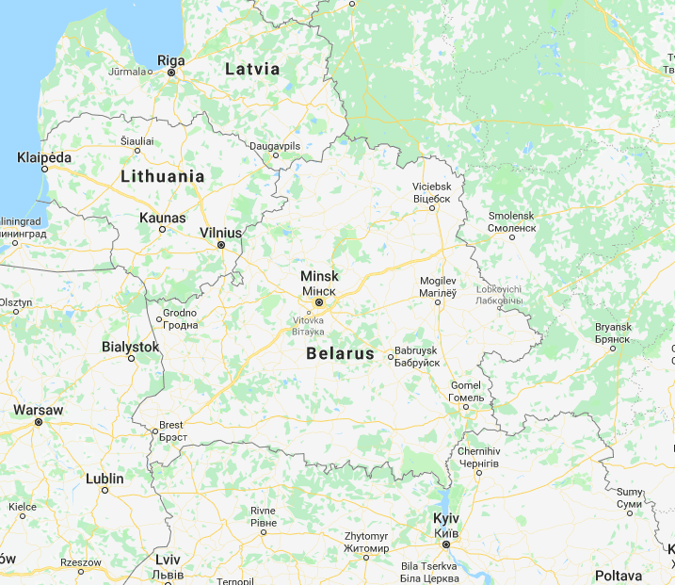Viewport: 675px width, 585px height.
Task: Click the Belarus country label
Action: pyautogui.click(x=340, y=355)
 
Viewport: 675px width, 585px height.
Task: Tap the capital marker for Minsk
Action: pyautogui.click(x=319, y=303)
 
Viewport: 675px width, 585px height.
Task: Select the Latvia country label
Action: pyautogui.click(x=252, y=69)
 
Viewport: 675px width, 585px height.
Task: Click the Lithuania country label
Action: pyautogui.click(x=163, y=176)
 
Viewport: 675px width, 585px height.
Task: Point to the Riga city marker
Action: pyautogui.click(x=171, y=72)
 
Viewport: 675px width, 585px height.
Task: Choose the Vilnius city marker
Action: pyautogui.click(x=221, y=245)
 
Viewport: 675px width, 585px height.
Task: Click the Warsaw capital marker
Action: pyautogui.click(x=39, y=423)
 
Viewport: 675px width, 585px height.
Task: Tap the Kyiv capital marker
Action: pyautogui.click(x=446, y=544)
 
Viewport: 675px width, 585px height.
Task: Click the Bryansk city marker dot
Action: pyautogui.click(x=613, y=348)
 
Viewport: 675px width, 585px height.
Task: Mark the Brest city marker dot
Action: pyautogui.click(x=154, y=432)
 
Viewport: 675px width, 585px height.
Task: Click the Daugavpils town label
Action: pyautogui.click(x=275, y=146)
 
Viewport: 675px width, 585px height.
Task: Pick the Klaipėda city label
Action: pyautogui.click(x=44, y=157)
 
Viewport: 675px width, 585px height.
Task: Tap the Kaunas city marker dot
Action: pyautogui.click(x=163, y=229)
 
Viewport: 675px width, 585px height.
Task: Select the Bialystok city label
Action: pyautogui.click(x=131, y=347)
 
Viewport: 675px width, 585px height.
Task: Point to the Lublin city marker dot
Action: pyautogui.click(x=104, y=490)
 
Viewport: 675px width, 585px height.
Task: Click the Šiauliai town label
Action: pyautogui.click(x=137, y=140)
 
